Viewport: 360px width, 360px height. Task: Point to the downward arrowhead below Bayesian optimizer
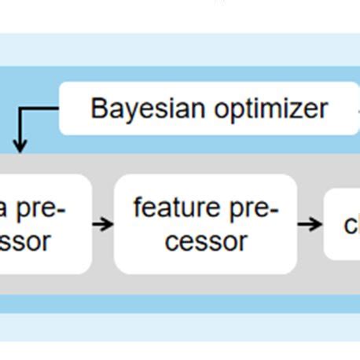[x=20, y=145]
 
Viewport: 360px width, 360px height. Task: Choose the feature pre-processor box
[x=206, y=224]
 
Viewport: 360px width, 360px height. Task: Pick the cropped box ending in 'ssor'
[x=43, y=224]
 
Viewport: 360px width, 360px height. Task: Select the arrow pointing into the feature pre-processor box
[x=103, y=225]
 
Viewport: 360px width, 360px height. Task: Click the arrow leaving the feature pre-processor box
[x=310, y=224]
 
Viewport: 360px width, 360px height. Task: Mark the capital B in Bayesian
[x=99, y=108]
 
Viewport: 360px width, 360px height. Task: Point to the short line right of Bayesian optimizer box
[x=356, y=108]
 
